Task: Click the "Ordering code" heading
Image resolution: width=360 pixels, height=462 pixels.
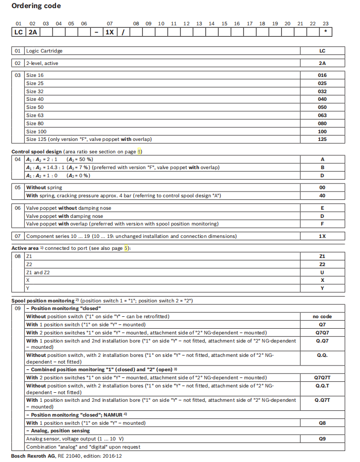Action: [36, 6]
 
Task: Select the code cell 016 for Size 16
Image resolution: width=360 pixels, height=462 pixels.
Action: [322, 75]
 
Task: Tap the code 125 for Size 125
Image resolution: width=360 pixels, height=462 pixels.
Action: [322, 139]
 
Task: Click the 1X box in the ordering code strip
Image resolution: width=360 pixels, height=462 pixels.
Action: [110, 33]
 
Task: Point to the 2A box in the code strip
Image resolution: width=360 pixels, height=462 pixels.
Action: [32, 33]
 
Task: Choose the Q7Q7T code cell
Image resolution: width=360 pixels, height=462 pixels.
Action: [322, 377]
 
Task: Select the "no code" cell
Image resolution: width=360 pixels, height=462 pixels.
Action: [322, 316]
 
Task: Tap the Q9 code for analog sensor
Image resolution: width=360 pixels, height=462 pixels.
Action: [322, 438]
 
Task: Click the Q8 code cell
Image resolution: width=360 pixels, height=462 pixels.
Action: [322, 422]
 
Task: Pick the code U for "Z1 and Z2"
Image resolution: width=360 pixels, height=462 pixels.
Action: [322, 272]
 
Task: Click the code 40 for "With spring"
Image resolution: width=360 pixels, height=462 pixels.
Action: [322, 195]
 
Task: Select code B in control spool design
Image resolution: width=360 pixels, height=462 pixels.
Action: [322, 167]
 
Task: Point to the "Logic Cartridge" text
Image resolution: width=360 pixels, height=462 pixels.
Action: [44, 51]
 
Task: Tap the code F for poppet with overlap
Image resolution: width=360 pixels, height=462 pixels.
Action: [322, 224]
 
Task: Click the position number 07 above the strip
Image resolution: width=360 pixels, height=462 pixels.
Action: [110, 23]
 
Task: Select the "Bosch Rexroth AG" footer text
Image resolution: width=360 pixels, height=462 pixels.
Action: [32, 456]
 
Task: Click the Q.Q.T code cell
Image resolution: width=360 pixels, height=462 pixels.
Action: [322, 386]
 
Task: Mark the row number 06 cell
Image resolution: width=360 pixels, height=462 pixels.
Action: [18, 208]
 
